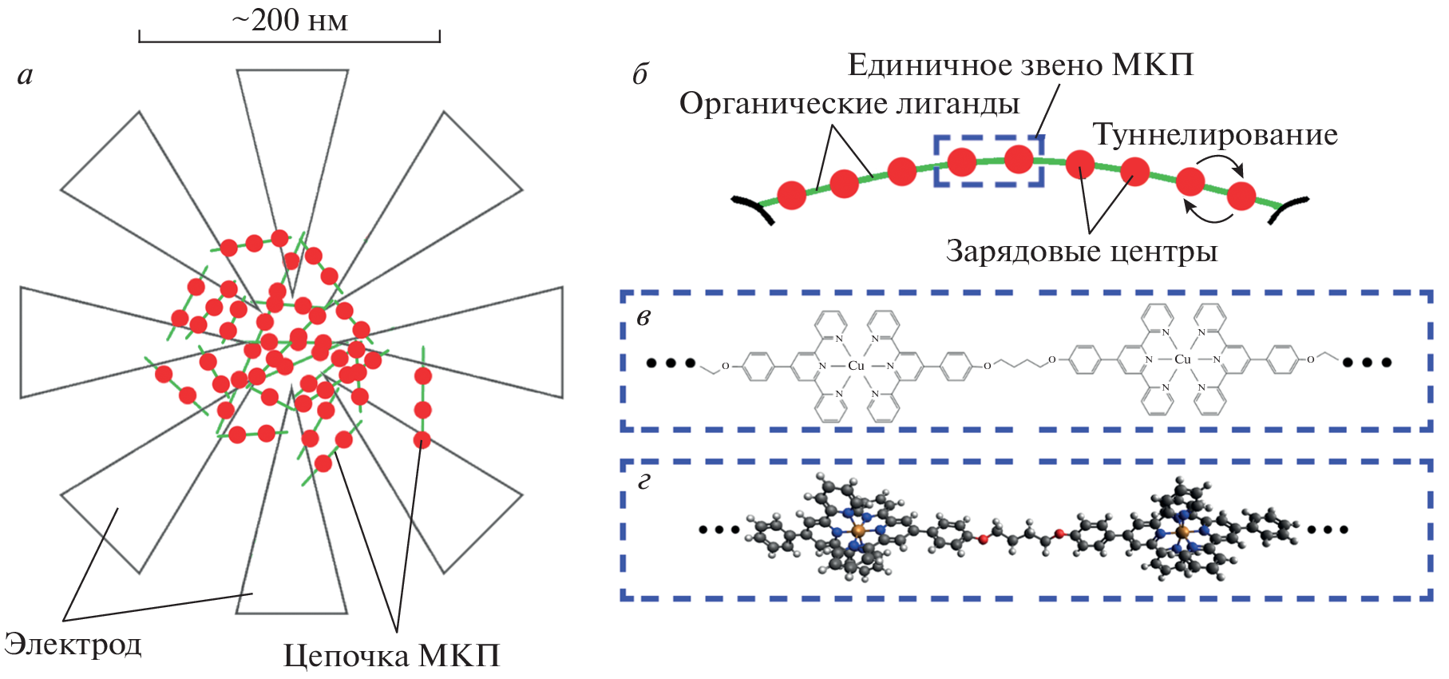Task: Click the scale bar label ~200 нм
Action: [x=289, y=21]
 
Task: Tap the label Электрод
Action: [x=73, y=644]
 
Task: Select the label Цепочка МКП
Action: [x=391, y=656]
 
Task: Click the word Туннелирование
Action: [x=1214, y=134]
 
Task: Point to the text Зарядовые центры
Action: [x=1081, y=251]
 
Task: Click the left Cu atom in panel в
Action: [x=856, y=365]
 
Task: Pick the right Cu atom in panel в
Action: [x=1182, y=359]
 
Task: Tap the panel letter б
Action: [x=639, y=75]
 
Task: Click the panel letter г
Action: [x=643, y=482]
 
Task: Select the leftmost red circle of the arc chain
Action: [x=791, y=195]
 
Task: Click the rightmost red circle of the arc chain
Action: [x=1241, y=195]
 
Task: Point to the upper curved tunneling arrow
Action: [x=1221, y=162]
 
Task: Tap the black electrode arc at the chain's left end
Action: [x=754, y=206]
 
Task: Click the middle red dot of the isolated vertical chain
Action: [x=422, y=410]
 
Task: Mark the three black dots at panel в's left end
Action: [x=670, y=363]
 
